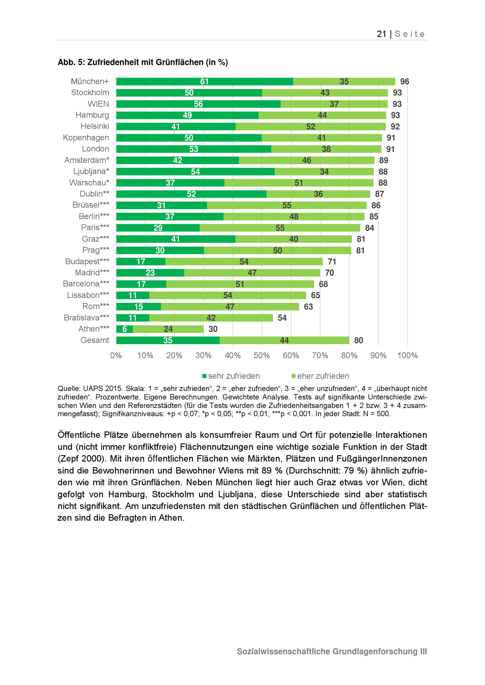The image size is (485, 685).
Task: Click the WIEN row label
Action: tap(98, 104)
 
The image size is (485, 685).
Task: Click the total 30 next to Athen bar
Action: tap(213, 329)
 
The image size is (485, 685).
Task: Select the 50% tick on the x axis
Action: tap(262, 355)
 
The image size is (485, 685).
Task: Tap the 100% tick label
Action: tap(407, 355)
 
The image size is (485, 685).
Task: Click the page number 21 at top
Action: tap(381, 34)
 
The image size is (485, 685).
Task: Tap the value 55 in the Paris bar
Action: tap(280, 228)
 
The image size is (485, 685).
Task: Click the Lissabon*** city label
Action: tap(88, 295)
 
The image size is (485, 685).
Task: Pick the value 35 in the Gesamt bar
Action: tap(168, 340)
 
